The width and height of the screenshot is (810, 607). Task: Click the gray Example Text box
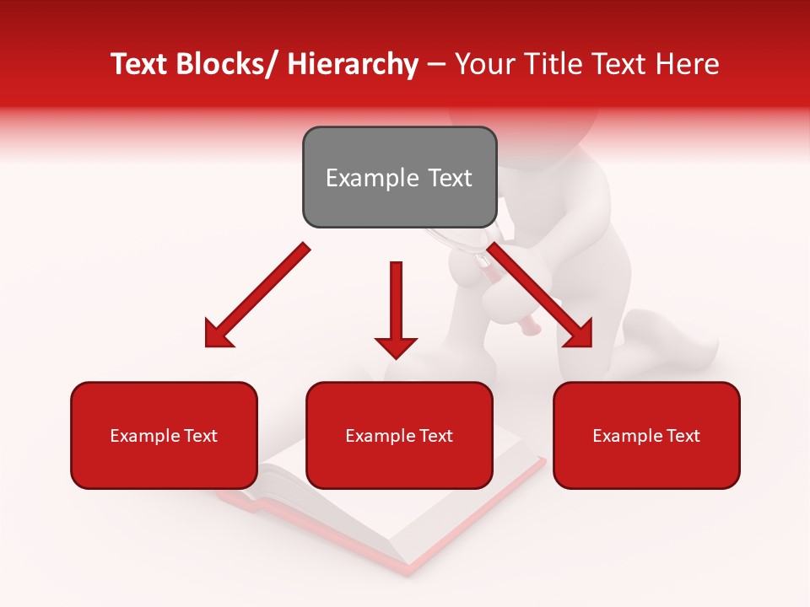[x=399, y=177]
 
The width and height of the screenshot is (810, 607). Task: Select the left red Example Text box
[x=164, y=435]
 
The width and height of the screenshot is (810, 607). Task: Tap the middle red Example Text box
[x=399, y=435]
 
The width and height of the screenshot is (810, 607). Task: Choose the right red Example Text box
[x=646, y=435]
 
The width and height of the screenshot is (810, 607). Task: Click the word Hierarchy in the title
[x=353, y=64]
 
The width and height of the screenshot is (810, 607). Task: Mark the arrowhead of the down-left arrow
[x=219, y=334]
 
